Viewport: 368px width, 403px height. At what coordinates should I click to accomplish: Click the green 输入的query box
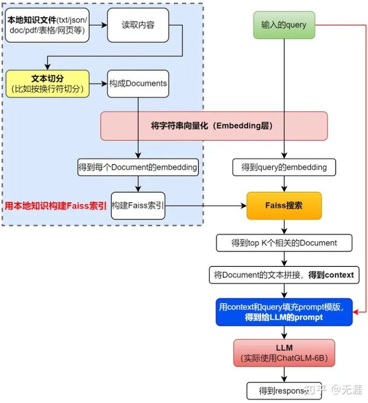(284, 25)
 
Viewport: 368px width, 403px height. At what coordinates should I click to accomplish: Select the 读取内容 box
(138, 25)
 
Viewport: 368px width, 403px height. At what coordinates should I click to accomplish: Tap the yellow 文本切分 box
(47, 84)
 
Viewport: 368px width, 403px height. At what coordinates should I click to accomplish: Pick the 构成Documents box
(138, 83)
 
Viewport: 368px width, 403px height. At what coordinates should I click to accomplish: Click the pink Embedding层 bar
(214, 126)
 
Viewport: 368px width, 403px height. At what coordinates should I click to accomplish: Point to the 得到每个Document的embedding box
(138, 167)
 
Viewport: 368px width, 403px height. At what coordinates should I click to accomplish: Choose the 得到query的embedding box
(284, 167)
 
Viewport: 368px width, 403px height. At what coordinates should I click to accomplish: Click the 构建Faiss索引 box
(138, 206)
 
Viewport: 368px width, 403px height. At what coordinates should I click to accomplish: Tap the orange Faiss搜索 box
(284, 206)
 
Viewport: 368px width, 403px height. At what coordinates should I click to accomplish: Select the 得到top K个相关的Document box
(284, 243)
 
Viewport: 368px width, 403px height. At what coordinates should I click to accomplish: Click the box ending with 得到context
(284, 275)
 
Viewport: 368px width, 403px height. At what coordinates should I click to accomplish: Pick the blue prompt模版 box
(284, 312)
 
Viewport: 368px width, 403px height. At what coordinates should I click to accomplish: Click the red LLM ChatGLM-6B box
(284, 353)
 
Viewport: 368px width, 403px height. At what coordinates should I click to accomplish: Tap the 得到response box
(284, 391)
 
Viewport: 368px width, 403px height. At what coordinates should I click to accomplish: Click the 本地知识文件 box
(47, 25)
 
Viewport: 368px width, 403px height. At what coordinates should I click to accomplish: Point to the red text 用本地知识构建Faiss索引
(56, 206)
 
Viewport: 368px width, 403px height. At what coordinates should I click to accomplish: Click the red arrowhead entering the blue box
(356, 312)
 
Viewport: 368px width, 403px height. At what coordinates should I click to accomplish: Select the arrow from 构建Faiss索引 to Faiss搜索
(206, 206)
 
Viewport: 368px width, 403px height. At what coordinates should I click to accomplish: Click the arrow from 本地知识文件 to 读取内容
(98, 25)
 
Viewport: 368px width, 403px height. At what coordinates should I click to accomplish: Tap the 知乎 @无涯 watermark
(334, 390)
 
